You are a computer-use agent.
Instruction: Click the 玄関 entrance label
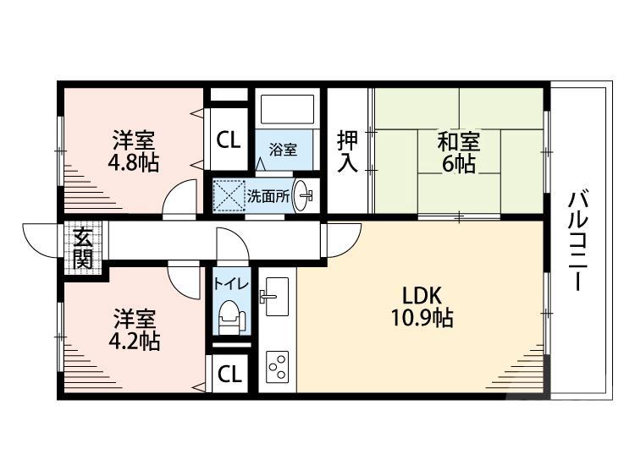tap(83, 248)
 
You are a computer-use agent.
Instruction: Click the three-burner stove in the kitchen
tap(277, 366)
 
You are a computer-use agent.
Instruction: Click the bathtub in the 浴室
tap(288, 109)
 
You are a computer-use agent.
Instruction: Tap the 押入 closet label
tap(347, 150)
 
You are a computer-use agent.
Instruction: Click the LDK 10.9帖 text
tap(422, 307)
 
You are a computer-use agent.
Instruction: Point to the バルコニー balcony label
tap(578, 240)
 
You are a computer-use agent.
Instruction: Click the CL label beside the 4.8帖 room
tap(229, 139)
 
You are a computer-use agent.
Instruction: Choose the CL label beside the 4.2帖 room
tap(229, 374)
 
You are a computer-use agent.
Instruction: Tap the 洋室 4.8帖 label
tap(133, 150)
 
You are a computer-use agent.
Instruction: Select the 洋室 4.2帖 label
tap(134, 330)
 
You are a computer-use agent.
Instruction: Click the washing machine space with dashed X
tap(229, 195)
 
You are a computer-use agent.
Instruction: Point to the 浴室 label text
tap(283, 150)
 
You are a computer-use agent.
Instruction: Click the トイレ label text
tap(231, 284)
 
